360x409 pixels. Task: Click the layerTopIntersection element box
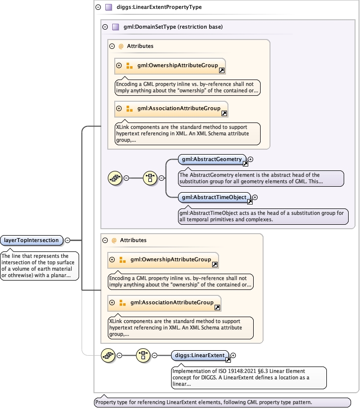point(32,241)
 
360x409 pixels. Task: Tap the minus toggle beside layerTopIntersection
point(67,241)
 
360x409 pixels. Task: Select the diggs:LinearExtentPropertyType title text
point(159,7)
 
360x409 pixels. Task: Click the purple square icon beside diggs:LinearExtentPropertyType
point(108,7)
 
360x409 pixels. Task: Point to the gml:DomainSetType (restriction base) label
point(173,27)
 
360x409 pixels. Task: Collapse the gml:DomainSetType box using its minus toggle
point(104,27)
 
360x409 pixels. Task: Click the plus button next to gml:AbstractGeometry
point(250,159)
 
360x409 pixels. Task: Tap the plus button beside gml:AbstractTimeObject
point(255,198)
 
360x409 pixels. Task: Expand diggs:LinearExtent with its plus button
point(233,355)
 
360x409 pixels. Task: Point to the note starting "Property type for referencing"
point(222,402)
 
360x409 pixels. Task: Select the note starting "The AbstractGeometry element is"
point(260,178)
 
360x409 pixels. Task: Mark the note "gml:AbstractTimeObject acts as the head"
point(263,216)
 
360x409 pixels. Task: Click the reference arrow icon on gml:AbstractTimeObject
point(250,201)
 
